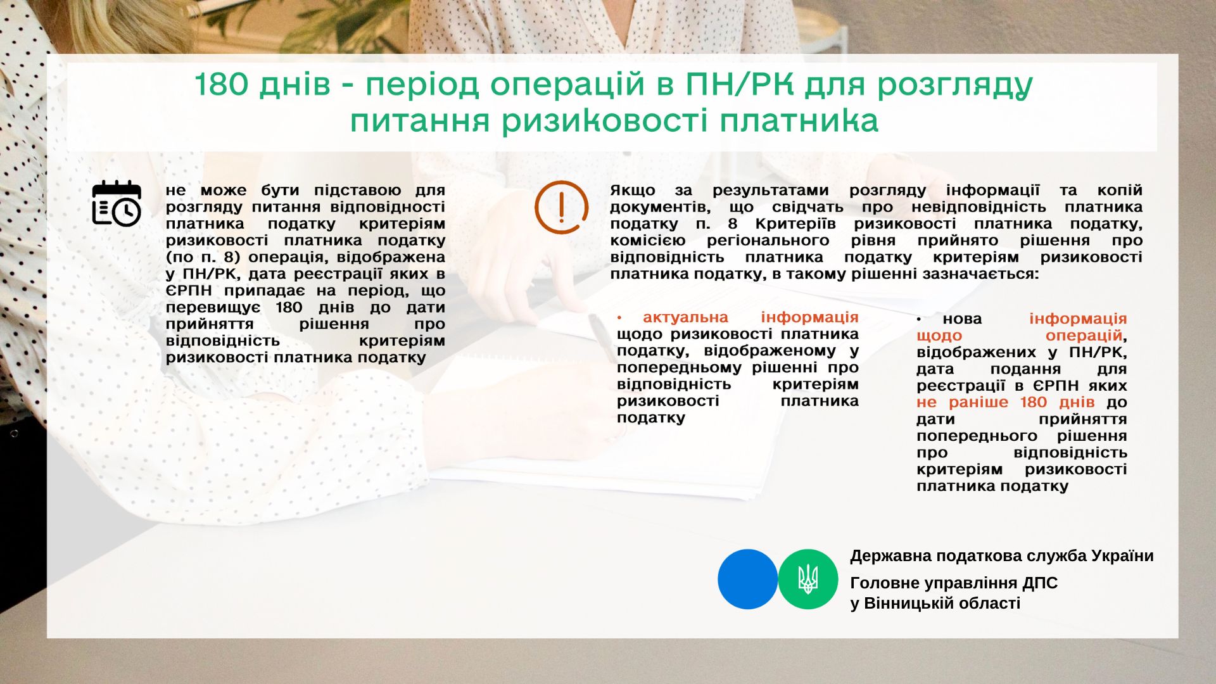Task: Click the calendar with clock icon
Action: [x=117, y=203]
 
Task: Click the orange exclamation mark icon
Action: [x=561, y=207]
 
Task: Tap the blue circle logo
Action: [x=747, y=579]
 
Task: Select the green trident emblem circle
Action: [x=808, y=579]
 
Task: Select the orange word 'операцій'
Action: [x=1084, y=336]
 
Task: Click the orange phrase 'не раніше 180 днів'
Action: [x=1005, y=403]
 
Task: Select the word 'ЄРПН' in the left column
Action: [x=189, y=291]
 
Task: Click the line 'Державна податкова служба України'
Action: [x=1002, y=556]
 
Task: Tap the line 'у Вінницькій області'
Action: [x=935, y=604]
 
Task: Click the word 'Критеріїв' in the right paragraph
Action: [x=795, y=224]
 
